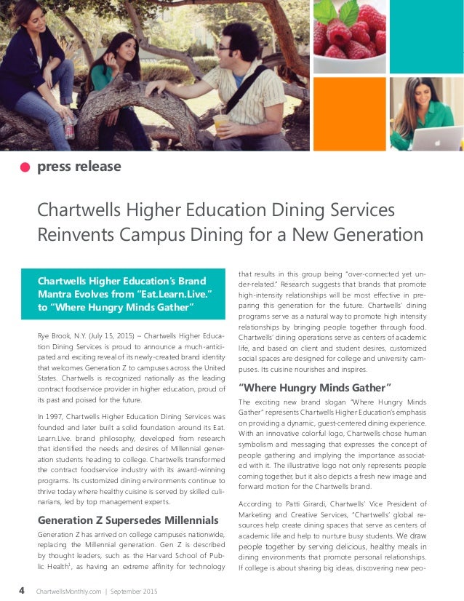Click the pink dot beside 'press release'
pos(25,167)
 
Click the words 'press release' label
pos(79,167)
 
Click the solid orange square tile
pos(349,114)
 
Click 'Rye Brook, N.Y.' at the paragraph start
pos(63,335)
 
